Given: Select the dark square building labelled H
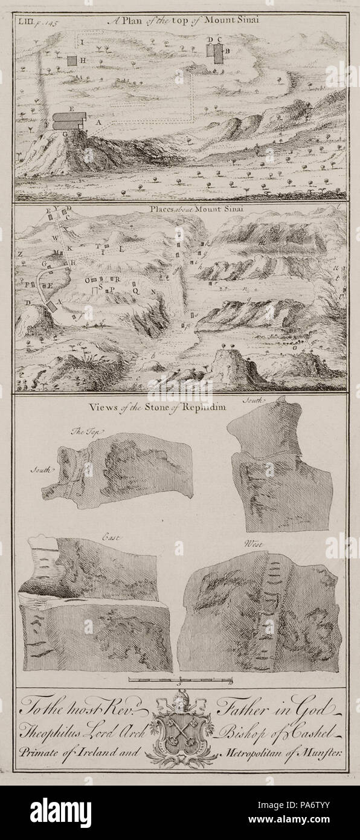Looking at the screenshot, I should [x=72, y=60].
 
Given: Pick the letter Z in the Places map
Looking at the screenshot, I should [x=20, y=254].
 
